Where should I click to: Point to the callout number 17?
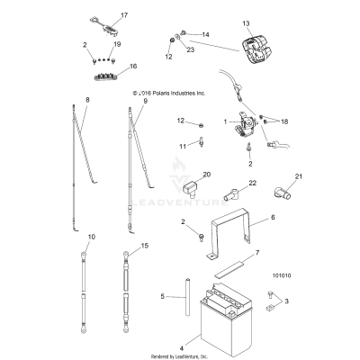125,16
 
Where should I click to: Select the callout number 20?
206,173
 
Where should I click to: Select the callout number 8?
87,99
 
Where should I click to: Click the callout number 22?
228,184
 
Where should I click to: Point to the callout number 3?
287,327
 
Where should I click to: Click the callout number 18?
285,120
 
